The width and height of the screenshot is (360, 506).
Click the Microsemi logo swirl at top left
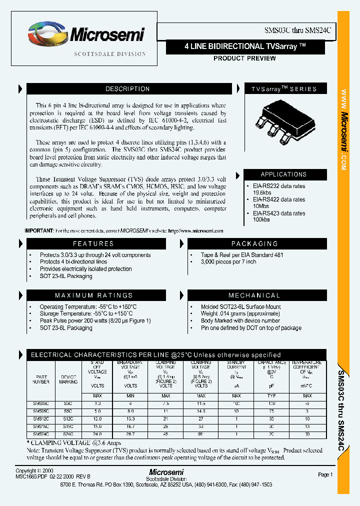click(46, 34)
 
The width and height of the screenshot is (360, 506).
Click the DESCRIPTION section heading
click(127, 89)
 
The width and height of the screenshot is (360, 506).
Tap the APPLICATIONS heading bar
click(283, 174)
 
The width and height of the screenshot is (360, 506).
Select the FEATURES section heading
click(93, 243)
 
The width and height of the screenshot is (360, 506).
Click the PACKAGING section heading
click(254, 243)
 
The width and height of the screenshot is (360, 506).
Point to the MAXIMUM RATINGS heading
click(93, 295)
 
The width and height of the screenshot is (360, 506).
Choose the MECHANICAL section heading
click(254, 295)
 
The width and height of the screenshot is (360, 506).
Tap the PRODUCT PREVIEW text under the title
click(244, 58)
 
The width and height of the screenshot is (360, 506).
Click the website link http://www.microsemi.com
click(196, 231)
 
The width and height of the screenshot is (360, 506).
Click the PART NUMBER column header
click(42, 379)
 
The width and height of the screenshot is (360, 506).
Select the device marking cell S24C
click(68, 434)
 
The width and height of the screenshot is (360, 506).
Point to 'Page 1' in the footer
click(325, 474)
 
